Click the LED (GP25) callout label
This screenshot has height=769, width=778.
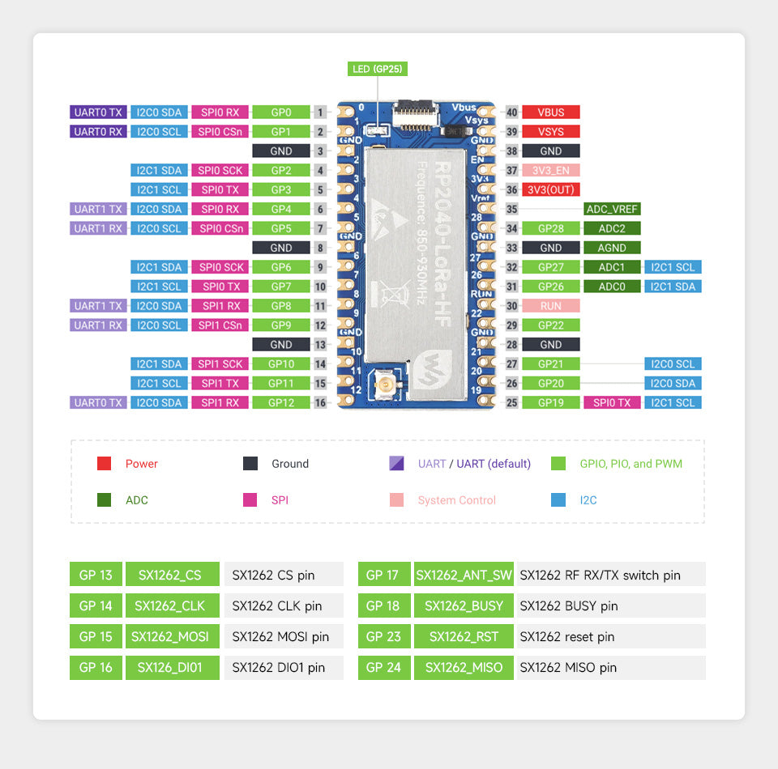(x=378, y=69)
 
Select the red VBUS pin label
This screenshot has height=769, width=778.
(x=551, y=113)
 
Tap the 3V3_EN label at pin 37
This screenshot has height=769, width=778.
(x=551, y=171)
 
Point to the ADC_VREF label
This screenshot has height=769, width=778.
(x=612, y=210)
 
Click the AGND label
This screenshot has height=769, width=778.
(x=612, y=249)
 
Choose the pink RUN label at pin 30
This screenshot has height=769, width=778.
(x=551, y=307)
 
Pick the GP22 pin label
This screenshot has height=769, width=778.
(x=551, y=325)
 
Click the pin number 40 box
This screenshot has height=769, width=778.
(x=511, y=113)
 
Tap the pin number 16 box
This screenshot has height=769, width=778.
(x=320, y=403)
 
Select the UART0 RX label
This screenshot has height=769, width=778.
(x=99, y=132)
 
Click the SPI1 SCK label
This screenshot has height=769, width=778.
(x=220, y=364)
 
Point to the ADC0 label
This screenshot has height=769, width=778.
(x=612, y=287)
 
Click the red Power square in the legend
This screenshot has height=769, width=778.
(x=104, y=464)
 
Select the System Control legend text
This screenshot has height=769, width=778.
(x=457, y=500)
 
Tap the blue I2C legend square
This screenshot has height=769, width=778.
(x=558, y=500)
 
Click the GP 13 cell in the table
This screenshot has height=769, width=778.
(x=96, y=575)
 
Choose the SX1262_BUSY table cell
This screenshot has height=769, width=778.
(x=464, y=606)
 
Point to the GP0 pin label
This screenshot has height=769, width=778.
(x=281, y=113)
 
